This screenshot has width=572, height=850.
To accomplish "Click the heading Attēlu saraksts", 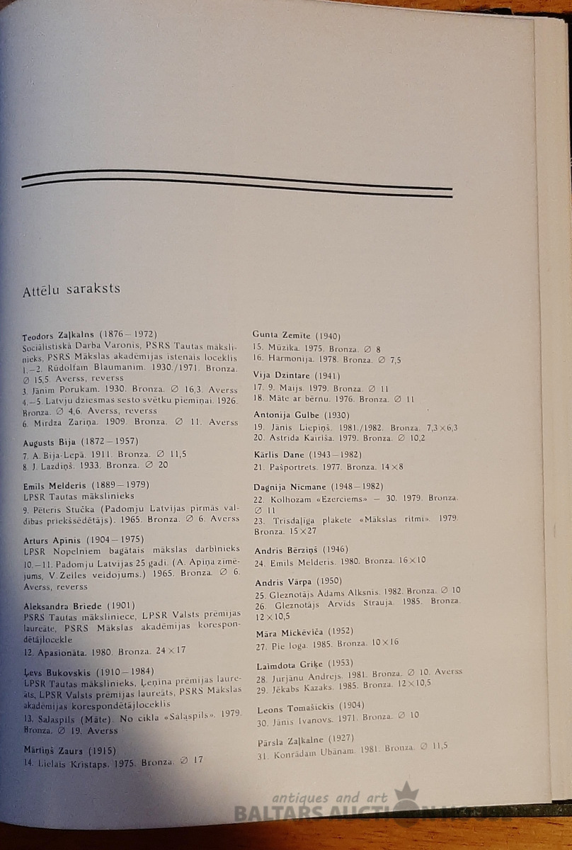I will coord(71,289).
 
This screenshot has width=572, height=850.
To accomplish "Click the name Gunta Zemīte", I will coord(282,335).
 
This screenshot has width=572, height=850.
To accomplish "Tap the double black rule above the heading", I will coord(237,182).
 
